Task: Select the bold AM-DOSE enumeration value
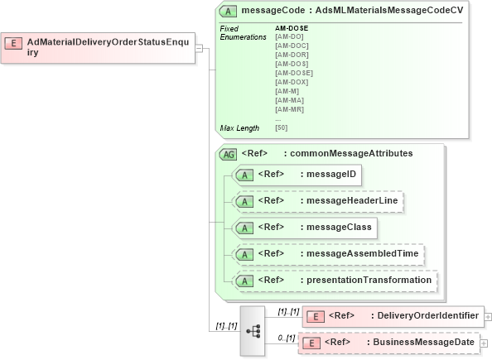pyautogui.click(x=292, y=28)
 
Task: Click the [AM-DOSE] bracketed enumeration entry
pyautogui.click(x=293, y=73)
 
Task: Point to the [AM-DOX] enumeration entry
pyautogui.click(x=291, y=82)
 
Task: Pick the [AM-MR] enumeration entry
pyautogui.click(x=289, y=109)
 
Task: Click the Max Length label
pyautogui.click(x=239, y=128)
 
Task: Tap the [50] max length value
pyautogui.click(x=282, y=128)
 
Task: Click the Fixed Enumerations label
pyautogui.click(x=241, y=33)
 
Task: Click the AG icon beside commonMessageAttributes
pyautogui.click(x=228, y=154)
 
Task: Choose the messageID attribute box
pyautogui.click(x=297, y=175)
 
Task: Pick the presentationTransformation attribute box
pyautogui.click(x=335, y=281)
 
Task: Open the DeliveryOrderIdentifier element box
pyautogui.click(x=393, y=315)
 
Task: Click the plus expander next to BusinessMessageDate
pyautogui.click(x=485, y=343)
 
